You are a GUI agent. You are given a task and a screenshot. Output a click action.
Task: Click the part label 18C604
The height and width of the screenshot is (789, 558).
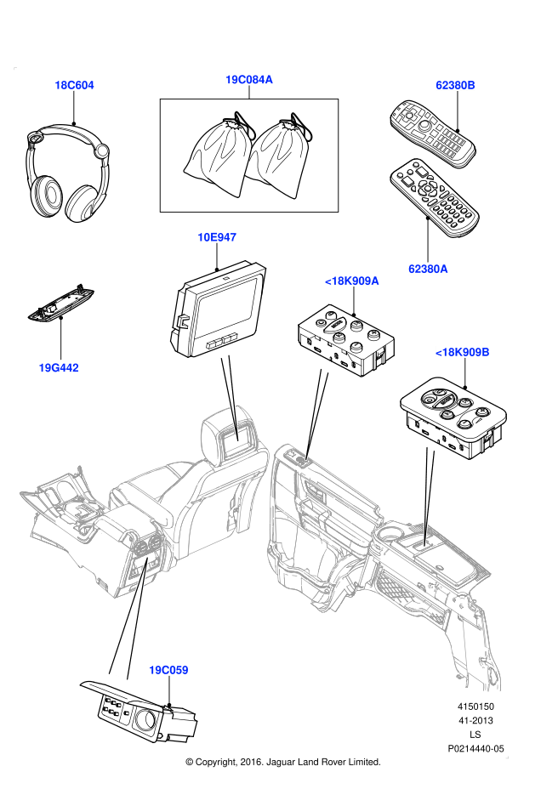click(x=74, y=85)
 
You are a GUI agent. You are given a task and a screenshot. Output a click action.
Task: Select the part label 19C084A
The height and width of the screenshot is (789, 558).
click(x=248, y=80)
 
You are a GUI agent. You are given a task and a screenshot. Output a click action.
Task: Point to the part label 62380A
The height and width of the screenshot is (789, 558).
click(x=428, y=269)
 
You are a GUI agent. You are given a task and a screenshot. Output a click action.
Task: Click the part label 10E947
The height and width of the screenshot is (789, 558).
click(x=217, y=237)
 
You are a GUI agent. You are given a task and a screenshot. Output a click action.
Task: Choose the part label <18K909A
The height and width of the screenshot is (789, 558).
click(x=352, y=281)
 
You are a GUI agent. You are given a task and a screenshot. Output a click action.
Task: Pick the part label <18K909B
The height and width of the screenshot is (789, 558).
click(x=463, y=351)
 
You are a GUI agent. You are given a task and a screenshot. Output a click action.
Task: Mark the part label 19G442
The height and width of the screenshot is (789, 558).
click(x=59, y=368)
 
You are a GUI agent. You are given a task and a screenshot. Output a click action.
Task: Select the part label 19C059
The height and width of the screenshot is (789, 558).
click(x=169, y=670)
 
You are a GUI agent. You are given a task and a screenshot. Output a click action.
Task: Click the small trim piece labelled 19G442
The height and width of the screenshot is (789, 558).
click(x=60, y=303)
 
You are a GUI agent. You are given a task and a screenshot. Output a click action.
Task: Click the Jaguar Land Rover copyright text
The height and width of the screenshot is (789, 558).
click(x=282, y=762)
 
